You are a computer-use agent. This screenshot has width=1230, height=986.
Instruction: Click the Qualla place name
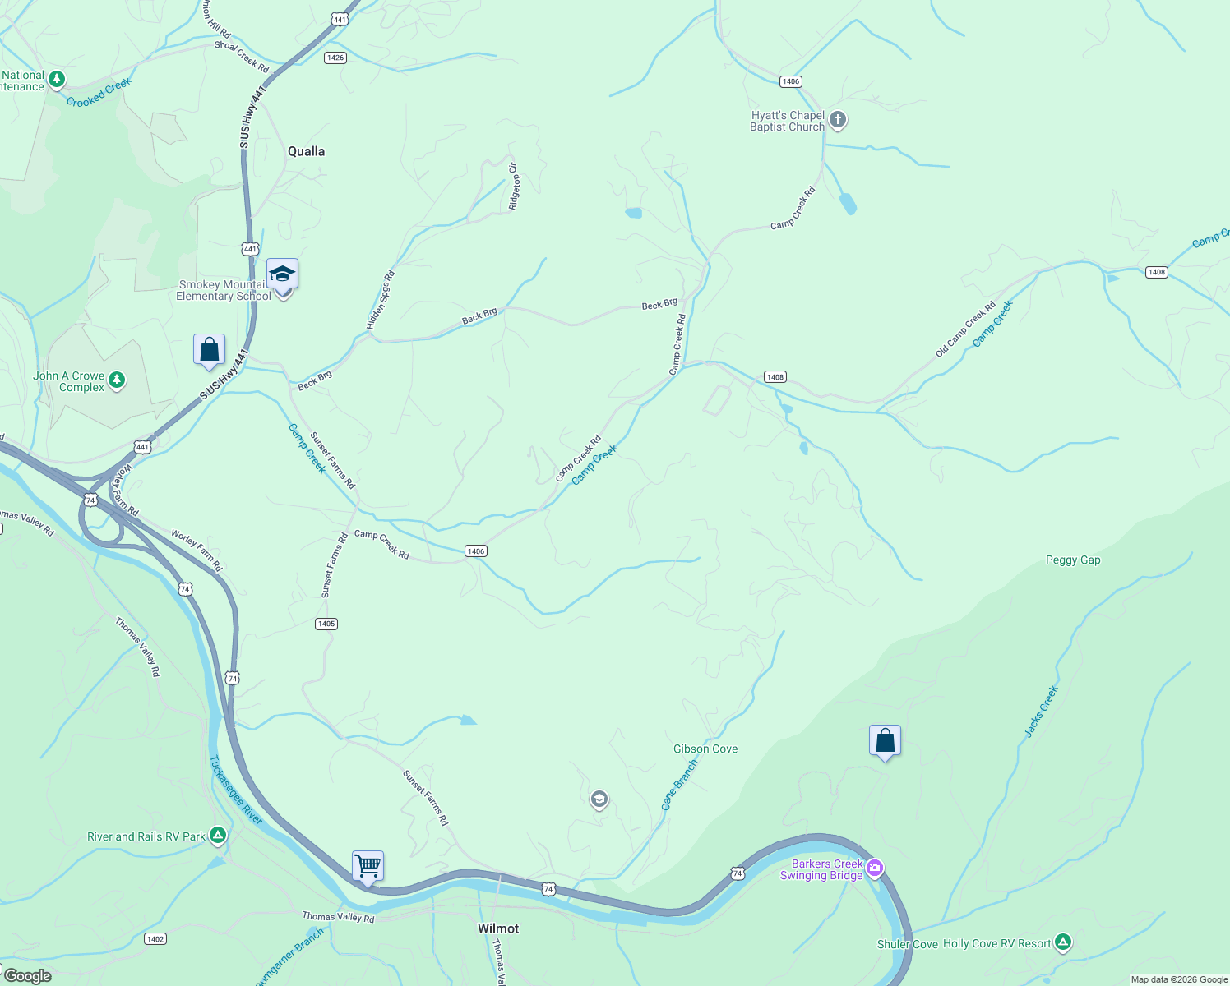coord(306,151)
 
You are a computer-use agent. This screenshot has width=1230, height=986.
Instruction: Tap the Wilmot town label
coord(498,928)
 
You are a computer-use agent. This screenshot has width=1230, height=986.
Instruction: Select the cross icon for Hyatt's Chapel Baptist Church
coord(838,121)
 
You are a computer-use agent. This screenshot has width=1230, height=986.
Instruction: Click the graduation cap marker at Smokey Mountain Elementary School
coord(282,274)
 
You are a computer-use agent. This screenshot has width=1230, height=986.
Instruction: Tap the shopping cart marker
coord(368,865)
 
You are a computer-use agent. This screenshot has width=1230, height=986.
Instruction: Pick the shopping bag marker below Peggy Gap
coord(885,741)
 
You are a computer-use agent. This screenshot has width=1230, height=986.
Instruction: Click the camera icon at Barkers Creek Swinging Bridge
coord(875,868)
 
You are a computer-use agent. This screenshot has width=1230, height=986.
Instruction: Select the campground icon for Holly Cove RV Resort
coord(1063,942)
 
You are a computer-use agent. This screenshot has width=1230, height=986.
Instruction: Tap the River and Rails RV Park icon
coord(218,836)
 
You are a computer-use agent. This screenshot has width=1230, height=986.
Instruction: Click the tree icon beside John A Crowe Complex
coord(117,380)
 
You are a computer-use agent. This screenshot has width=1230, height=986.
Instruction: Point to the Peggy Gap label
coord(1073,560)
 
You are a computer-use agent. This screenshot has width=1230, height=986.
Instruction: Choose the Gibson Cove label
coord(705,749)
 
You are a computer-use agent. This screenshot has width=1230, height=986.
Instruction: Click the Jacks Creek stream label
coord(1041,712)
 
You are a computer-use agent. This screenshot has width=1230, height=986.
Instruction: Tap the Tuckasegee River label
coord(235,790)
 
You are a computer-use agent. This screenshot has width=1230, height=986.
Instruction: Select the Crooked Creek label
coord(99,94)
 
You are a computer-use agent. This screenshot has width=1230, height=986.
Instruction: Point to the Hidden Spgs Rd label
coord(381,301)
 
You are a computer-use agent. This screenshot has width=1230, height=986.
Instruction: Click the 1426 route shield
coord(335,58)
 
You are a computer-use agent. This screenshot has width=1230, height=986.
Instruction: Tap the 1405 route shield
coord(326,624)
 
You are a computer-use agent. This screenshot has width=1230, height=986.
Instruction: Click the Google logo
coord(27,976)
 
